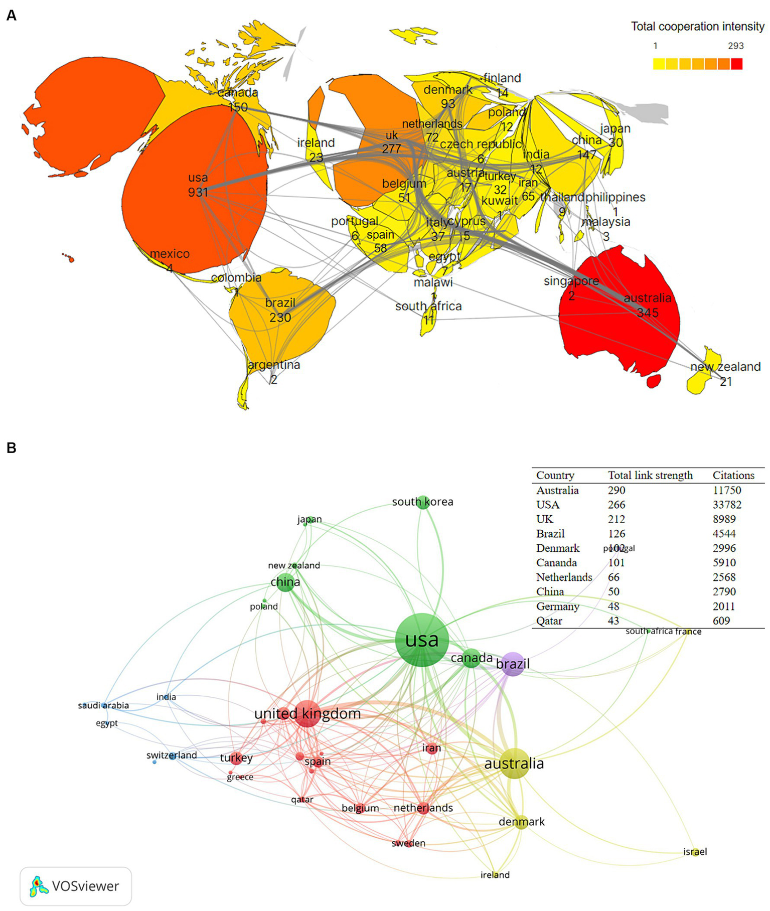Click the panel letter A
click(11, 16)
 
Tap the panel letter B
click(11, 447)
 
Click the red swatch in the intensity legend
click(736, 64)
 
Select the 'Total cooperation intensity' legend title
click(697, 27)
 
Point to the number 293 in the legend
click(735, 46)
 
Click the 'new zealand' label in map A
click(725, 367)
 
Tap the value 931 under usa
click(198, 192)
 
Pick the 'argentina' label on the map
click(274, 365)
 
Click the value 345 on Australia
click(647, 313)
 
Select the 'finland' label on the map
click(502, 78)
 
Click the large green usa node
click(422, 640)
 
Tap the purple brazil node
click(513, 664)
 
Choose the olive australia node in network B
click(515, 764)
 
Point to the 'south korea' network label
click(422, 502)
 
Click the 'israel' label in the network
click(695, 851)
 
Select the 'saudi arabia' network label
click(103, 705)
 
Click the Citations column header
click(733, 475)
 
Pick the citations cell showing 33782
click(726, 505)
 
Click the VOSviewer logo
click(75, 886)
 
